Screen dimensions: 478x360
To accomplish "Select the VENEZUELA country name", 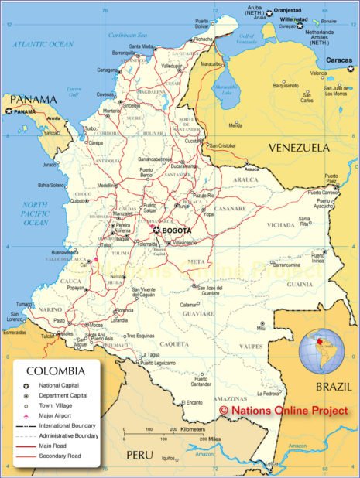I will point(298,147).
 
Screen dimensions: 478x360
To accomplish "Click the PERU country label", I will point(141,453).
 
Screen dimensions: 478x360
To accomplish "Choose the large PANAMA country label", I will point(34,99).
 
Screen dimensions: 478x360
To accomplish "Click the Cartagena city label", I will point(108,70).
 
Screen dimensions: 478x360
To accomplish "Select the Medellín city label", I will point(108,186).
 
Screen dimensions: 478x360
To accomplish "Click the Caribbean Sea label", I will point(128,35).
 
